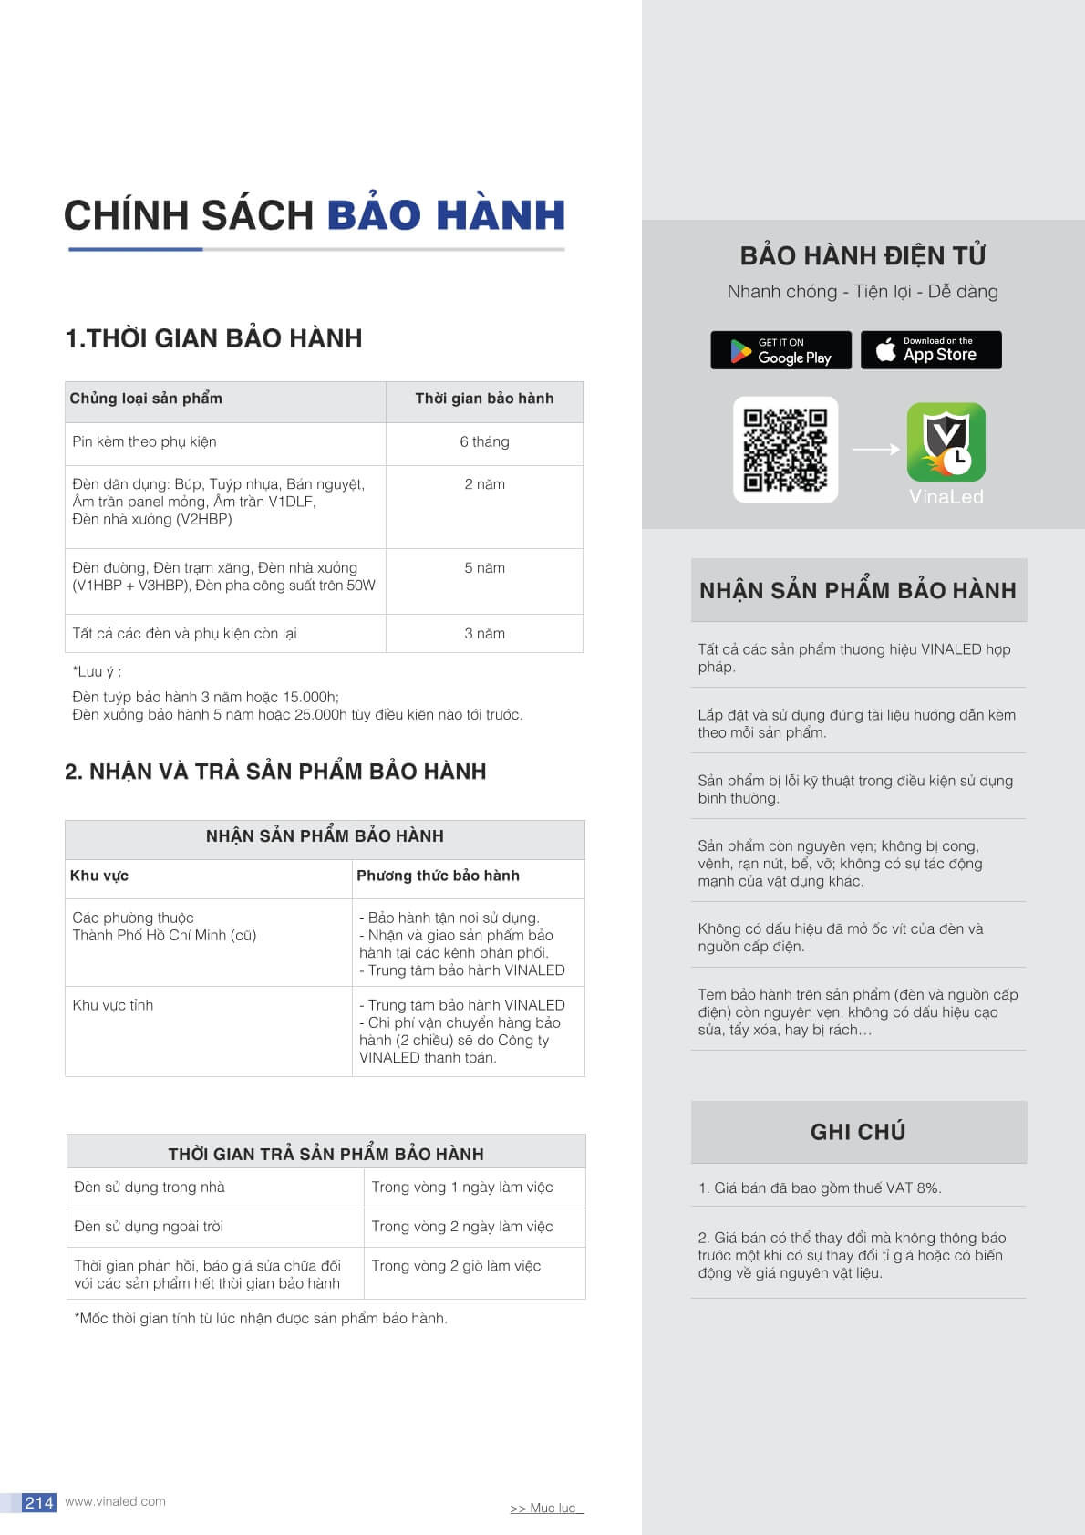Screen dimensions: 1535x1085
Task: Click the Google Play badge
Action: pos(780,350)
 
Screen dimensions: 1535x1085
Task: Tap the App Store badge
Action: pos(931,350)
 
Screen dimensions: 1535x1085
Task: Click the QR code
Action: pos(785,450)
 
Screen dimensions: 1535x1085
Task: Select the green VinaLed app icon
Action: pos(945,442)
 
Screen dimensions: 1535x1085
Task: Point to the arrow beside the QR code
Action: pos(875,449)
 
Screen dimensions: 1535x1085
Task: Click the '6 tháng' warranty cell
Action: pos(484,442)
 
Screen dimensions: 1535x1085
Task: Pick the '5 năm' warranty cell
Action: pos(484,568)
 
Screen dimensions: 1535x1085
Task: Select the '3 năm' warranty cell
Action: pos(484,634)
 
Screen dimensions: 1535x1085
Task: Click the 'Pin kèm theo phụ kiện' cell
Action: pos(144,442)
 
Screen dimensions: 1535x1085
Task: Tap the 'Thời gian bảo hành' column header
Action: pos(484,399)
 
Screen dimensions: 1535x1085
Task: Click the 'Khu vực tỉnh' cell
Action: pos(113,1005)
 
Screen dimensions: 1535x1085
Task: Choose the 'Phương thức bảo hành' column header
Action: pos(438,876)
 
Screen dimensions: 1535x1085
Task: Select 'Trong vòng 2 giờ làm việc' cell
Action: pos(456,1266)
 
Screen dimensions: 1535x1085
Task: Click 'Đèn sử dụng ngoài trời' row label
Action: pos(149,1227)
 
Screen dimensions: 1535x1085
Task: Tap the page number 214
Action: pos(39,1502)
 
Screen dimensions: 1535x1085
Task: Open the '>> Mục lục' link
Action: pos(545,1509)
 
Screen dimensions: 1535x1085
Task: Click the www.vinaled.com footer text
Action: pos(115,1501)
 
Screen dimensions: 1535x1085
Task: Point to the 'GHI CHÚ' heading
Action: pos(858,1132)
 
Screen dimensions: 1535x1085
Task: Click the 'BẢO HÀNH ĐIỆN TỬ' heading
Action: pos(863,255)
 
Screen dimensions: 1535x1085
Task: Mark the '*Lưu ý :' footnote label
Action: pos(97,672)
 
